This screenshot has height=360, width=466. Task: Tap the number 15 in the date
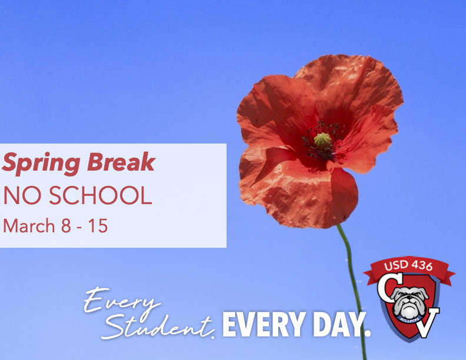98,226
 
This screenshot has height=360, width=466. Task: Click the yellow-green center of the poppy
322,140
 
